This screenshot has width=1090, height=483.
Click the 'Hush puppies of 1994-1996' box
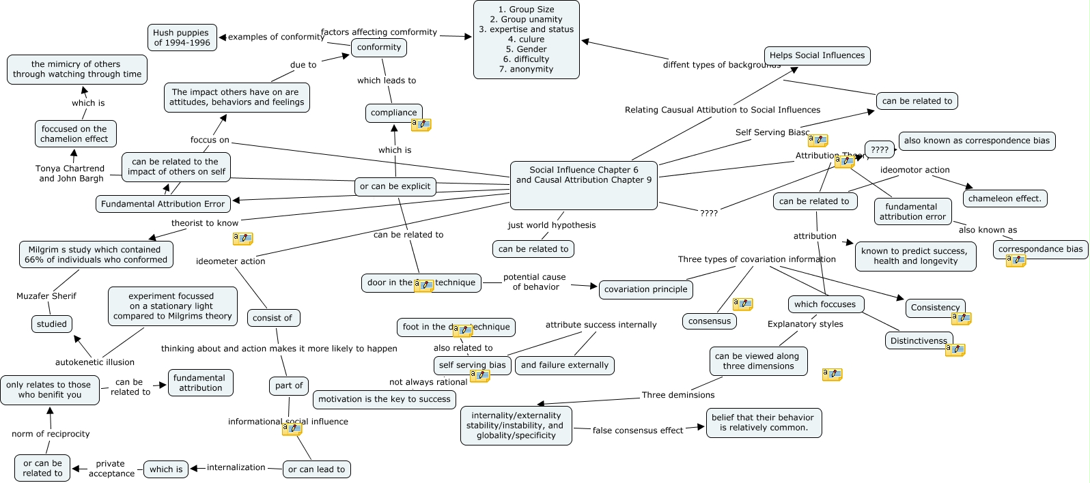click(x=182, y=38)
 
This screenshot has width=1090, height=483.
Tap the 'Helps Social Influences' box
click(x=817, y=55)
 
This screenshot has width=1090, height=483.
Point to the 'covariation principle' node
click(x=645, y=289)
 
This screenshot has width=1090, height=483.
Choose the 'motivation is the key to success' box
click(x=385, y=399)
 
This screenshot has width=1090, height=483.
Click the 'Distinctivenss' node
click(x=919, y=340)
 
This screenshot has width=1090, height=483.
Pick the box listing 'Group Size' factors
click(x=526, y=40)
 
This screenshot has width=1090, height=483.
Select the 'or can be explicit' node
click(x=395, y=186)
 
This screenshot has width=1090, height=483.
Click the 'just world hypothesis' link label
click(x=551, y=225)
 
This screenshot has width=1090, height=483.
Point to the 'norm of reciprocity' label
click(x=51, y=434)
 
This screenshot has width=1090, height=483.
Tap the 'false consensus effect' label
click(x=637, y=430)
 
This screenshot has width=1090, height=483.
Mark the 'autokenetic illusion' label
click(x=95, y=362)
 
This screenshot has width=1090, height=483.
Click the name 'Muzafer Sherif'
click(x=46, y=296)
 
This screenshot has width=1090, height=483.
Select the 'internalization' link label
click(x=236, y=467)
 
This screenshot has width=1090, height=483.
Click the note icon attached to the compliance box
click(x=421, y=125)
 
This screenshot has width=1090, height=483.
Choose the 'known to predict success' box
click(x=914, y=256)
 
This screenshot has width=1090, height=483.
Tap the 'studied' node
click(x=52, y=324)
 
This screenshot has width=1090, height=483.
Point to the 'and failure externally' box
click(x=564, y=365)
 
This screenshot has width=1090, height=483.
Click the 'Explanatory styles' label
click(x=805, y=324)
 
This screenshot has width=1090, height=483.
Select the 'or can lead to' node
click(x=316, y=469)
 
